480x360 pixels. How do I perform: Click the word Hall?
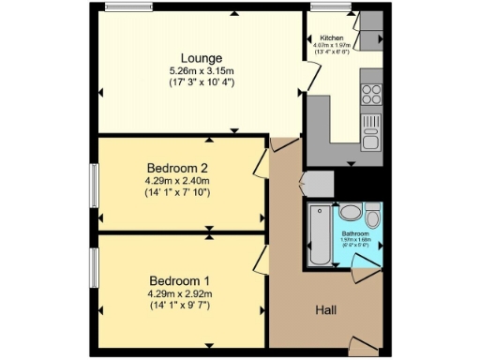(x=326, y=310)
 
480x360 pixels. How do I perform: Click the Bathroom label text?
(x=354, y=233)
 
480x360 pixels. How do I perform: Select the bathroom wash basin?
(x=349, y=212)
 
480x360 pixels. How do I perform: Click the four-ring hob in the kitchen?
(x=371, y=95)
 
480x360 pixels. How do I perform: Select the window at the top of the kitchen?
(x=332, y=9)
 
